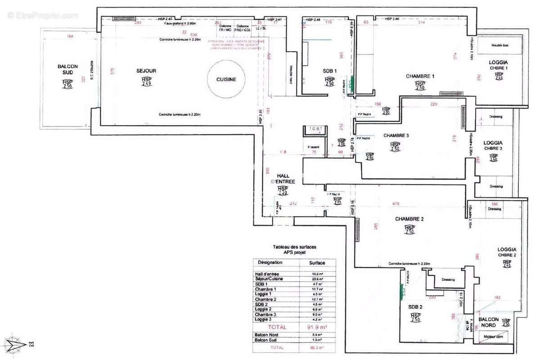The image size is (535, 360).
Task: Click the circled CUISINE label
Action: [226, 79]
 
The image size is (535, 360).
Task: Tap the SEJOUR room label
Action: [146, 71]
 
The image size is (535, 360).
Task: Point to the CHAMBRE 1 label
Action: [420, 76]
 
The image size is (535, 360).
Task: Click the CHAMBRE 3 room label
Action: [396, 135]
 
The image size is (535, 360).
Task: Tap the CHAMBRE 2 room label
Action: [409, 219]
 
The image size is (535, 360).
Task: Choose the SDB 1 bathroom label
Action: [329, 72]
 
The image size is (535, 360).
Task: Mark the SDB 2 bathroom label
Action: [414, 307]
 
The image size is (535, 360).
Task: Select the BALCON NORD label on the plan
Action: [489, 322]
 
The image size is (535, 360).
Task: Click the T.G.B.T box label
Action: [313, 129]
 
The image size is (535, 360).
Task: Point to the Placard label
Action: [313, 147]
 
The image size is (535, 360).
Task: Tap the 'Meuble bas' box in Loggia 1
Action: [499, 45]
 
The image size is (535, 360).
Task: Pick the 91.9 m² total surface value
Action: [317, 327]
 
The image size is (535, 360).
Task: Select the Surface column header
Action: [317, 263]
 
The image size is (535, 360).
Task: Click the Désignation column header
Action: [270, 263]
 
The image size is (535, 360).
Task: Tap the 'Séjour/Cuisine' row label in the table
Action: [269, 279]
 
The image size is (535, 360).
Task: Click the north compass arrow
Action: [17, 345]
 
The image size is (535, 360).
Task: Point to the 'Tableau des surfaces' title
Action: [295, 247]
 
